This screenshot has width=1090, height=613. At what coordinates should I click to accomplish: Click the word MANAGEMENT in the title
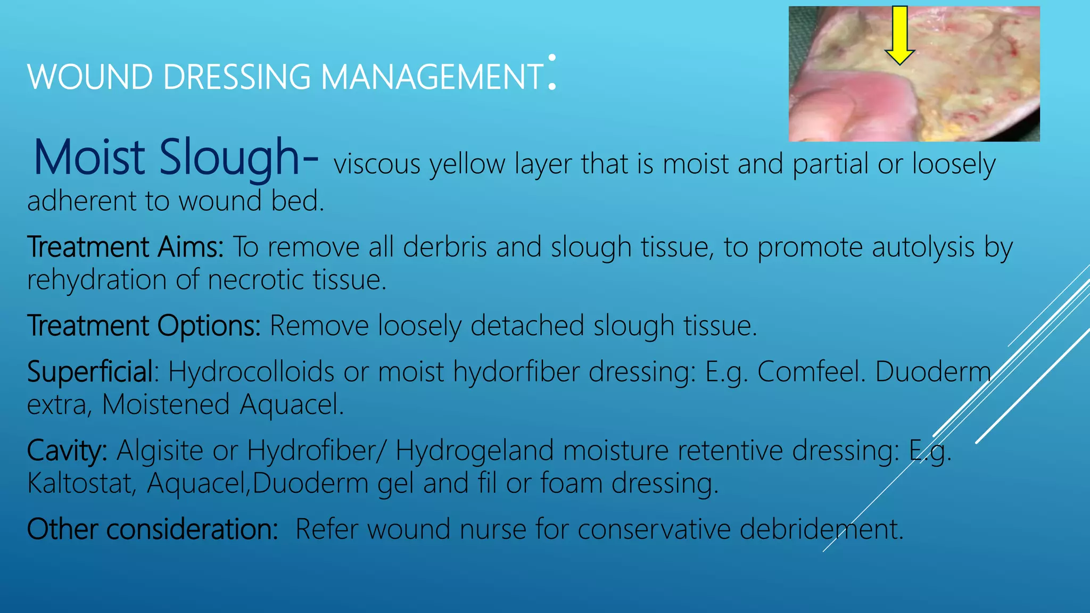432,77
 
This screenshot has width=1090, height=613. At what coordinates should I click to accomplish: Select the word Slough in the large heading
230,158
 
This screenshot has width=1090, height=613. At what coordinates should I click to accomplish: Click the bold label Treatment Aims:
126,247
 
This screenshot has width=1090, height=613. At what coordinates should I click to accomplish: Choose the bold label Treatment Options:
144,326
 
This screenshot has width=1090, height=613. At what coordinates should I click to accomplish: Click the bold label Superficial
90,371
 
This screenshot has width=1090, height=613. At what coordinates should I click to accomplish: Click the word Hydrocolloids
251,371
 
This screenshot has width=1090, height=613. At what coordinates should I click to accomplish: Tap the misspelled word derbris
445,247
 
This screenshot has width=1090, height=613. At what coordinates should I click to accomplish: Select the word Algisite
160,451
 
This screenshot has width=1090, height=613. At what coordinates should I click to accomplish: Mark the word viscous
377,164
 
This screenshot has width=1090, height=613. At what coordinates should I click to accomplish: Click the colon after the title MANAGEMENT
552,72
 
